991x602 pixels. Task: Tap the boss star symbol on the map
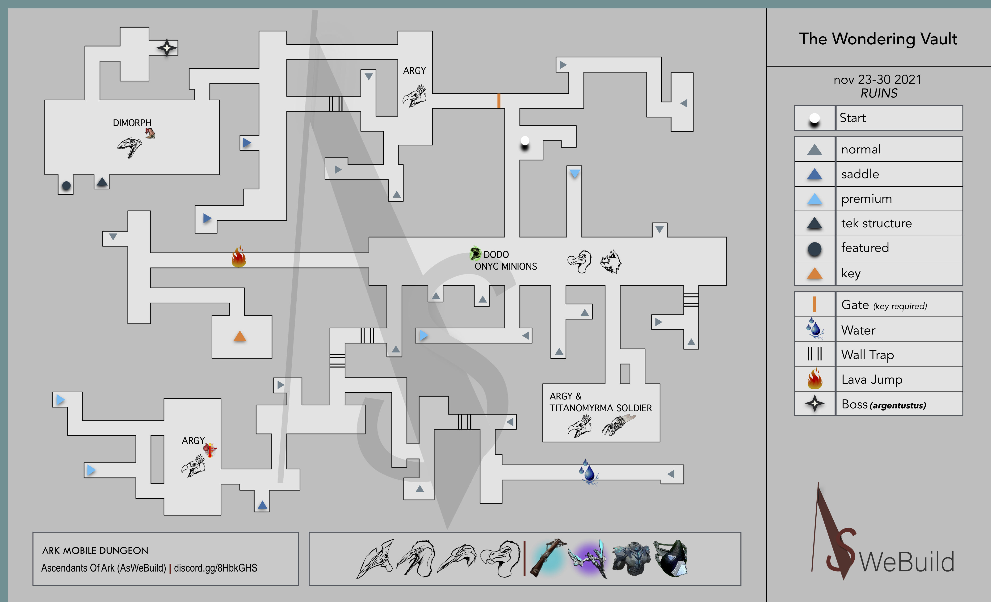click(167, 48)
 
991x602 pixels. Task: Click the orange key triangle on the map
click(240, 336)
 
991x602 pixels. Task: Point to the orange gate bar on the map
click(499, 101)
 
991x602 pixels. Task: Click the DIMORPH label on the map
click(132, 123)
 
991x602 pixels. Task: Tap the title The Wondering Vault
click(878, 39)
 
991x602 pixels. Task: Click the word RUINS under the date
click(879, 93)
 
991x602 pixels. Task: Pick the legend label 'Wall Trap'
click(868, 355)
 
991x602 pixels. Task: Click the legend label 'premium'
click(866, 199)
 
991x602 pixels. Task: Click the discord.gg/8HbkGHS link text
click(216, 568)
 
